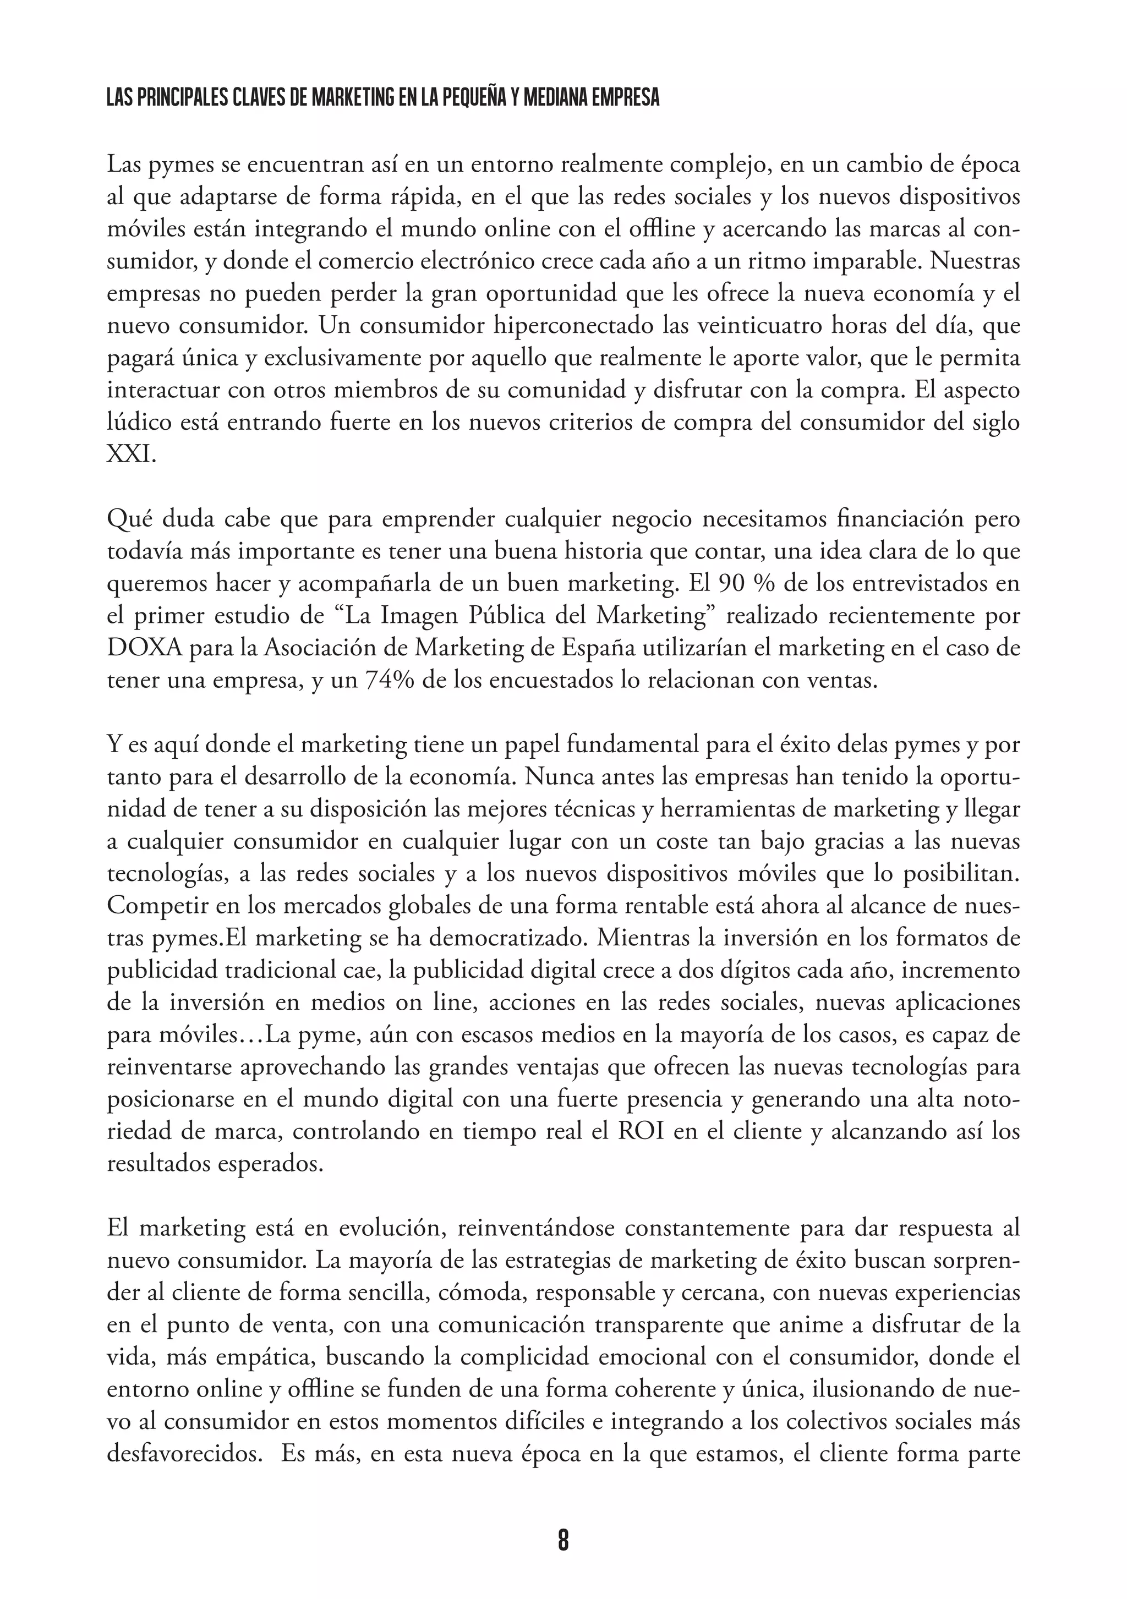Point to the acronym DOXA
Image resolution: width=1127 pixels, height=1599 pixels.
click(144, 648)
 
